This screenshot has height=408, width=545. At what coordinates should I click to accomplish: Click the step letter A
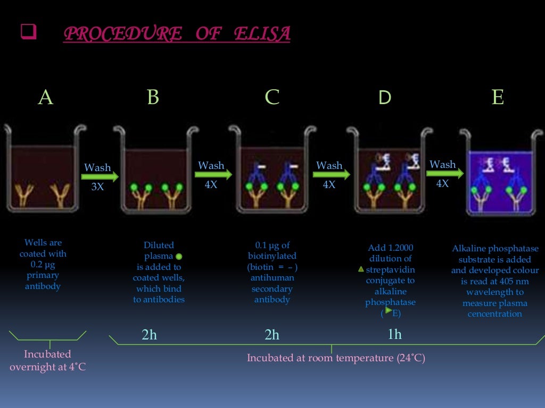[46, 97]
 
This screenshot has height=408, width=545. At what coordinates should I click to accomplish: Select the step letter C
[272, 97]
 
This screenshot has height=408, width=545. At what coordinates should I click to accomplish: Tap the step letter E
[498, 97]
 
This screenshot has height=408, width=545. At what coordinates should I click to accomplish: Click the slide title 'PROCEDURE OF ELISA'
[177, 33]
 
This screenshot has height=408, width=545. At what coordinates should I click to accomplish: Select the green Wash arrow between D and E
[445, 173]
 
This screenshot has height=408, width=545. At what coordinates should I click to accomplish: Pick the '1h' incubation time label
[394, 335]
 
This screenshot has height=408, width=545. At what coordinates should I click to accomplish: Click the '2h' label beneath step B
[150, 335]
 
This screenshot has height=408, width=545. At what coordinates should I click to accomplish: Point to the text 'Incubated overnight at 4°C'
[47, 360]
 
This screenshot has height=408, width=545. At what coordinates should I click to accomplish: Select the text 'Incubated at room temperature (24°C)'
[336, 358]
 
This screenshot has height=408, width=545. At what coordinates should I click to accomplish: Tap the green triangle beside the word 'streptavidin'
[361, 269]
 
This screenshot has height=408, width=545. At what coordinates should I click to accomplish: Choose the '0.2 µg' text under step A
[43, 265]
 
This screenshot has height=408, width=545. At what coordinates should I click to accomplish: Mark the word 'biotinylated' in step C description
[272, 256]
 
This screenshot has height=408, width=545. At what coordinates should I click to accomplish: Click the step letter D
[384, 97]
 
